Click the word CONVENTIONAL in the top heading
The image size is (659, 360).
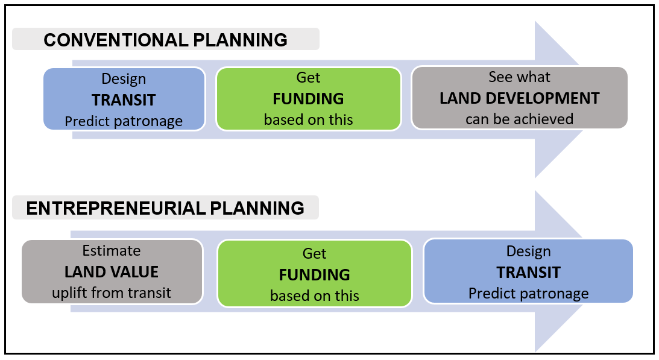[x=116, y=40]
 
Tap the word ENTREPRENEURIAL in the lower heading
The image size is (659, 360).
[x=116, y=208]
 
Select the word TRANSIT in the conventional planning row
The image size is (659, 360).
[x=124, y=100]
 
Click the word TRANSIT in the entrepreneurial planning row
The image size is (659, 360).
[x=528, y=273]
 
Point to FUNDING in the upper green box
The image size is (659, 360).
[x=309, y=99]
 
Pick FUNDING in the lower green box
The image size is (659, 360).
[x=314, y=274]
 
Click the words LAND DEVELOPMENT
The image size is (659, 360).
[x=520, y=98]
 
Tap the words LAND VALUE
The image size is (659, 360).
[x=112, y=272]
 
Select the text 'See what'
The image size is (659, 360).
[x=520, y=77]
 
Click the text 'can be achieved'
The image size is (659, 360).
[x=520, y=119]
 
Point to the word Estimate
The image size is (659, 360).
[x=112, y=251]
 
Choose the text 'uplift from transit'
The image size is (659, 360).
[x=112, y=292]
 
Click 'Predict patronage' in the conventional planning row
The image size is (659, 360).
[x=124, y=122]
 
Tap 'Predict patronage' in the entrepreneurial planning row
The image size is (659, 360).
[x=528, y=294]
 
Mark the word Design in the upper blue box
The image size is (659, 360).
[x=124, y=79]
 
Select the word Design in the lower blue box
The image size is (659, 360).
[x=528, y=251]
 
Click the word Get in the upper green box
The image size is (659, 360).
[x=309, y=77]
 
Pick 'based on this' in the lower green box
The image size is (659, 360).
[x=314, y=295]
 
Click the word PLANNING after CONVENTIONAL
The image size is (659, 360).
[x=240, y=40]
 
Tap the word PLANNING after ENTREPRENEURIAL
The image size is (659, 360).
[x=257, y=208]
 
